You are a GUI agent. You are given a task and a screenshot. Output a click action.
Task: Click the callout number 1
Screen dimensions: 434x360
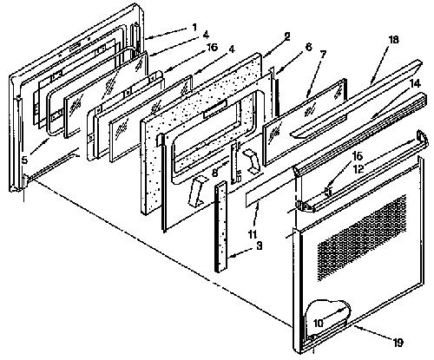pyautogui.click(x=194, y=28)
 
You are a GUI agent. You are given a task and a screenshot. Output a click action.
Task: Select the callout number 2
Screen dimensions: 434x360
pyautogui.click(x=287, y=36)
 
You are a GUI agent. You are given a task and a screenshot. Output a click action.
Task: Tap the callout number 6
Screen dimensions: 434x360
pyautogui.click(x=309, y=47)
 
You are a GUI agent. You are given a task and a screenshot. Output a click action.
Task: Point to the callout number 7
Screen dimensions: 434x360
pyautogui.click(x=323, y=54)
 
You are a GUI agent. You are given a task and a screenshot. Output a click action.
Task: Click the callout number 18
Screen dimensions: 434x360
pyautogui.click(x=393, y=40)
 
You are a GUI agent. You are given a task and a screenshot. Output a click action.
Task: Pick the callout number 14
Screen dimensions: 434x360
pyautogui.click(x=415, y=83)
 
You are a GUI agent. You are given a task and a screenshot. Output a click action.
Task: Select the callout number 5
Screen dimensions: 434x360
pyautogui.click(x=24, y=160)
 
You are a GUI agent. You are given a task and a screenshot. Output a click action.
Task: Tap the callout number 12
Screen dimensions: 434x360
pyautogui.click(x=358, y=169)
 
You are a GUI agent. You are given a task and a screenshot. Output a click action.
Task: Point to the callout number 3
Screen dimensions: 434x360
pyautogui.click(x=259, y=246)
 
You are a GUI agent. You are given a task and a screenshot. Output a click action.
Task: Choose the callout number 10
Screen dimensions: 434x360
pyautogui.click(x=318, y=324)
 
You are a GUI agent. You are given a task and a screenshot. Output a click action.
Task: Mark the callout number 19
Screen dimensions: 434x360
pyautogui.click(x=398, y=343)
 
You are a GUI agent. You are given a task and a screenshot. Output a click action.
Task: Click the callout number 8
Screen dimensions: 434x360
pyautogui.click(x=214, y=173)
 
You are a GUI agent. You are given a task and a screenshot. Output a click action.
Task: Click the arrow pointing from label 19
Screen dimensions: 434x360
pyautogui.click(x=372, y=333)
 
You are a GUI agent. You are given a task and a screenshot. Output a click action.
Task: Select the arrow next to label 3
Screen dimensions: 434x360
pyautogui.click(x=240, y=253)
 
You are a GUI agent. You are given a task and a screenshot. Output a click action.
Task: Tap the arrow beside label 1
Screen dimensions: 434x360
pyautogui.click(x=167, y=33)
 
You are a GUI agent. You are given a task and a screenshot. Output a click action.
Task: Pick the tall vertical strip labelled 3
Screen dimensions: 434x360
pyautogui.click(x=221, y=226)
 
